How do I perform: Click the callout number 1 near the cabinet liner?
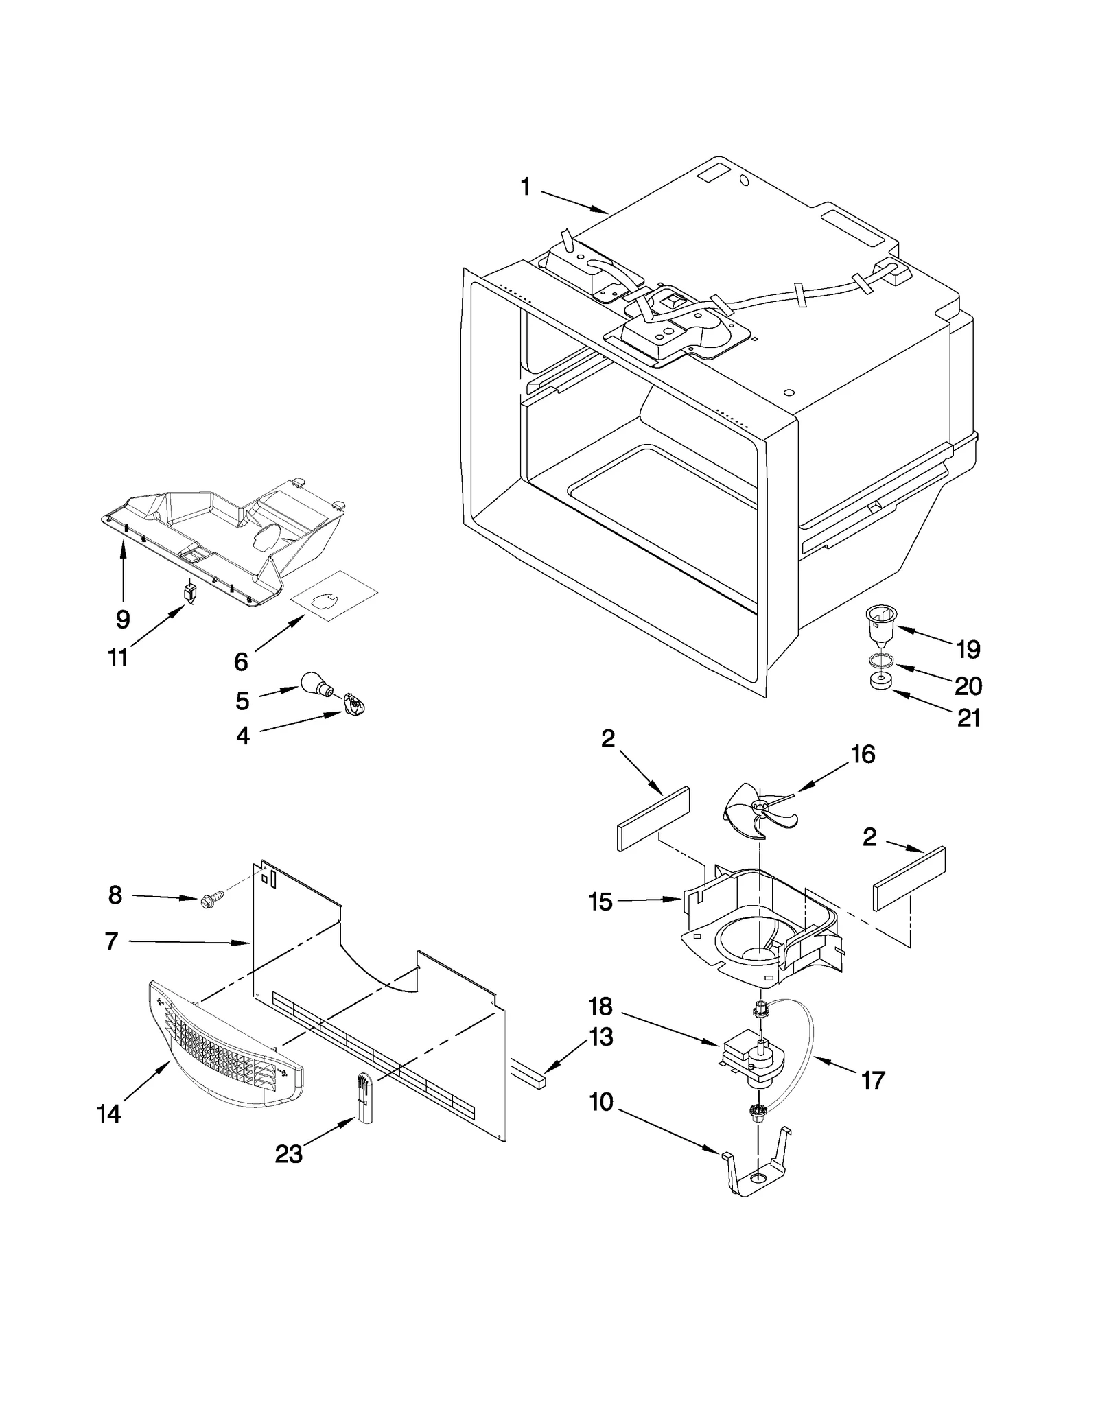pos(525,186)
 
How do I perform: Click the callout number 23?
pos(288,1154)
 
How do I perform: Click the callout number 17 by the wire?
pos(872,1081)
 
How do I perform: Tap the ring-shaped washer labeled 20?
pos(880,661)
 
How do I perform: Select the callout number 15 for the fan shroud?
pos(600,902)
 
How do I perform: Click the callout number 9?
pos(122,619)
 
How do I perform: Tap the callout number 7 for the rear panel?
pos(111,942)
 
